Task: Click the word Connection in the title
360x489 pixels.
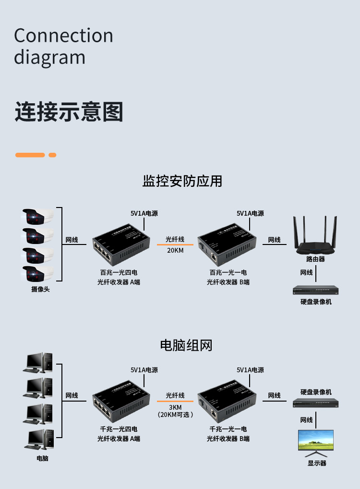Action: point(63,36)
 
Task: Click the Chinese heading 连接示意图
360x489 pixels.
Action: point(69,111)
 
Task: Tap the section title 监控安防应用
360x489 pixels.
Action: point(182,181)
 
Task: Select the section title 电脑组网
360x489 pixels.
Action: point(186,345)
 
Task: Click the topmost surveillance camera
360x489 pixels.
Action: point(37,217)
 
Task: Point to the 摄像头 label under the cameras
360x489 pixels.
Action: point(40,290)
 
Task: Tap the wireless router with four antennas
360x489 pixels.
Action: point(315,238)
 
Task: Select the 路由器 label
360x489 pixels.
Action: point(315,259)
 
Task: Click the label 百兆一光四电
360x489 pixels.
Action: point(119,272)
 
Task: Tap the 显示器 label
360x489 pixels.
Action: point(317,463)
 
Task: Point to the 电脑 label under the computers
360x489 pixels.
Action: point(42,458)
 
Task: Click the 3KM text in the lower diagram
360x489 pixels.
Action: point(175,407)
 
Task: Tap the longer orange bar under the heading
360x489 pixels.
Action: point(30,155)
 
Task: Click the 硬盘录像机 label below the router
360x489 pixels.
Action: point(316,302)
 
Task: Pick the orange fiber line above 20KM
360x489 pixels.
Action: point(175,245)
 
